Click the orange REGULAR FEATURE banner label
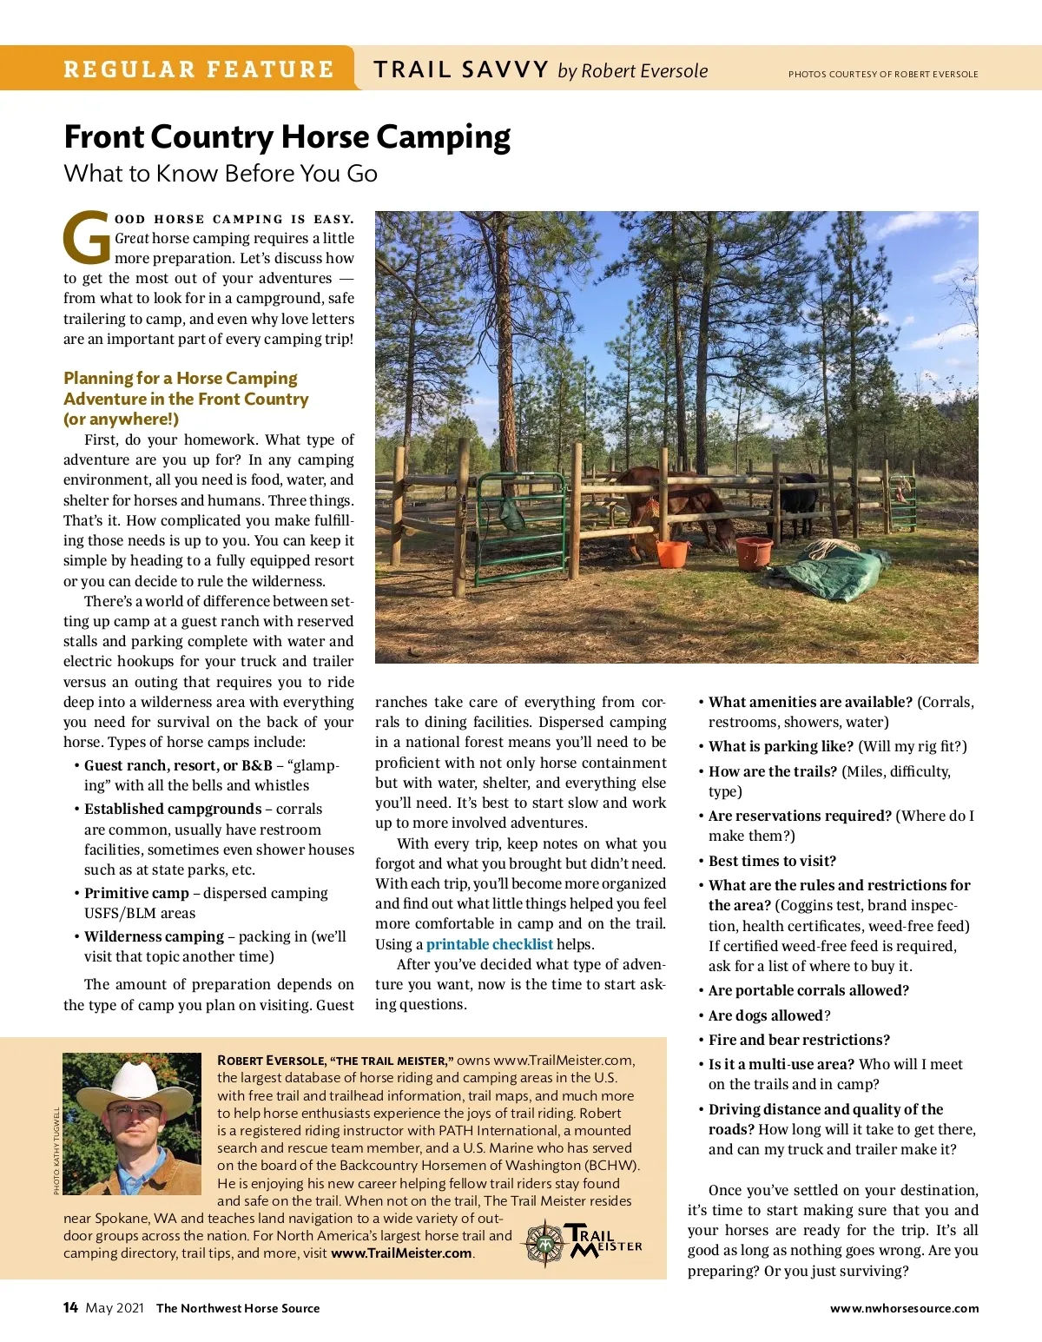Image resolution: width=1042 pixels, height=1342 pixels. pyautogui.click(x=198, y=69)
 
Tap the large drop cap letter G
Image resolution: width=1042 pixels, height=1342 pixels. pyautogui.click(x=87, y=238)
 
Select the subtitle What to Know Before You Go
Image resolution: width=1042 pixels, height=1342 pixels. pyautogui.click(x=221, y=174)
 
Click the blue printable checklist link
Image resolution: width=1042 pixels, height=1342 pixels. pyautogui.click(x=489, y=944)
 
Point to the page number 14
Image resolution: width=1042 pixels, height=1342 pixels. pyautogui.click(x=70, y=1308)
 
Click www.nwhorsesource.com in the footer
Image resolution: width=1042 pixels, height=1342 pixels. pyautogui.click(x=904, y=1308)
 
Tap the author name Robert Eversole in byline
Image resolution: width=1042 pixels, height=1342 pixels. pyautogui.click(x=644, y=71)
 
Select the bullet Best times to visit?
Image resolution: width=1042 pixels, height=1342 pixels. pyautogui.click(x=772, y=861)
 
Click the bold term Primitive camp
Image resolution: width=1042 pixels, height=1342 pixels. pyautogui.click(x=136, y=893)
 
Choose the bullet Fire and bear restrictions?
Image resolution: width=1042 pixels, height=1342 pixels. pyautogui.click(x=799, y=1040)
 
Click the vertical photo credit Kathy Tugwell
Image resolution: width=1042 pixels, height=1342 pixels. pyautogui.click(x=56, y=1151)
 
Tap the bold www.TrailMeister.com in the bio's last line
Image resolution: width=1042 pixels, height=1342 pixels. pyautogui.click(x=401, y=1253)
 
